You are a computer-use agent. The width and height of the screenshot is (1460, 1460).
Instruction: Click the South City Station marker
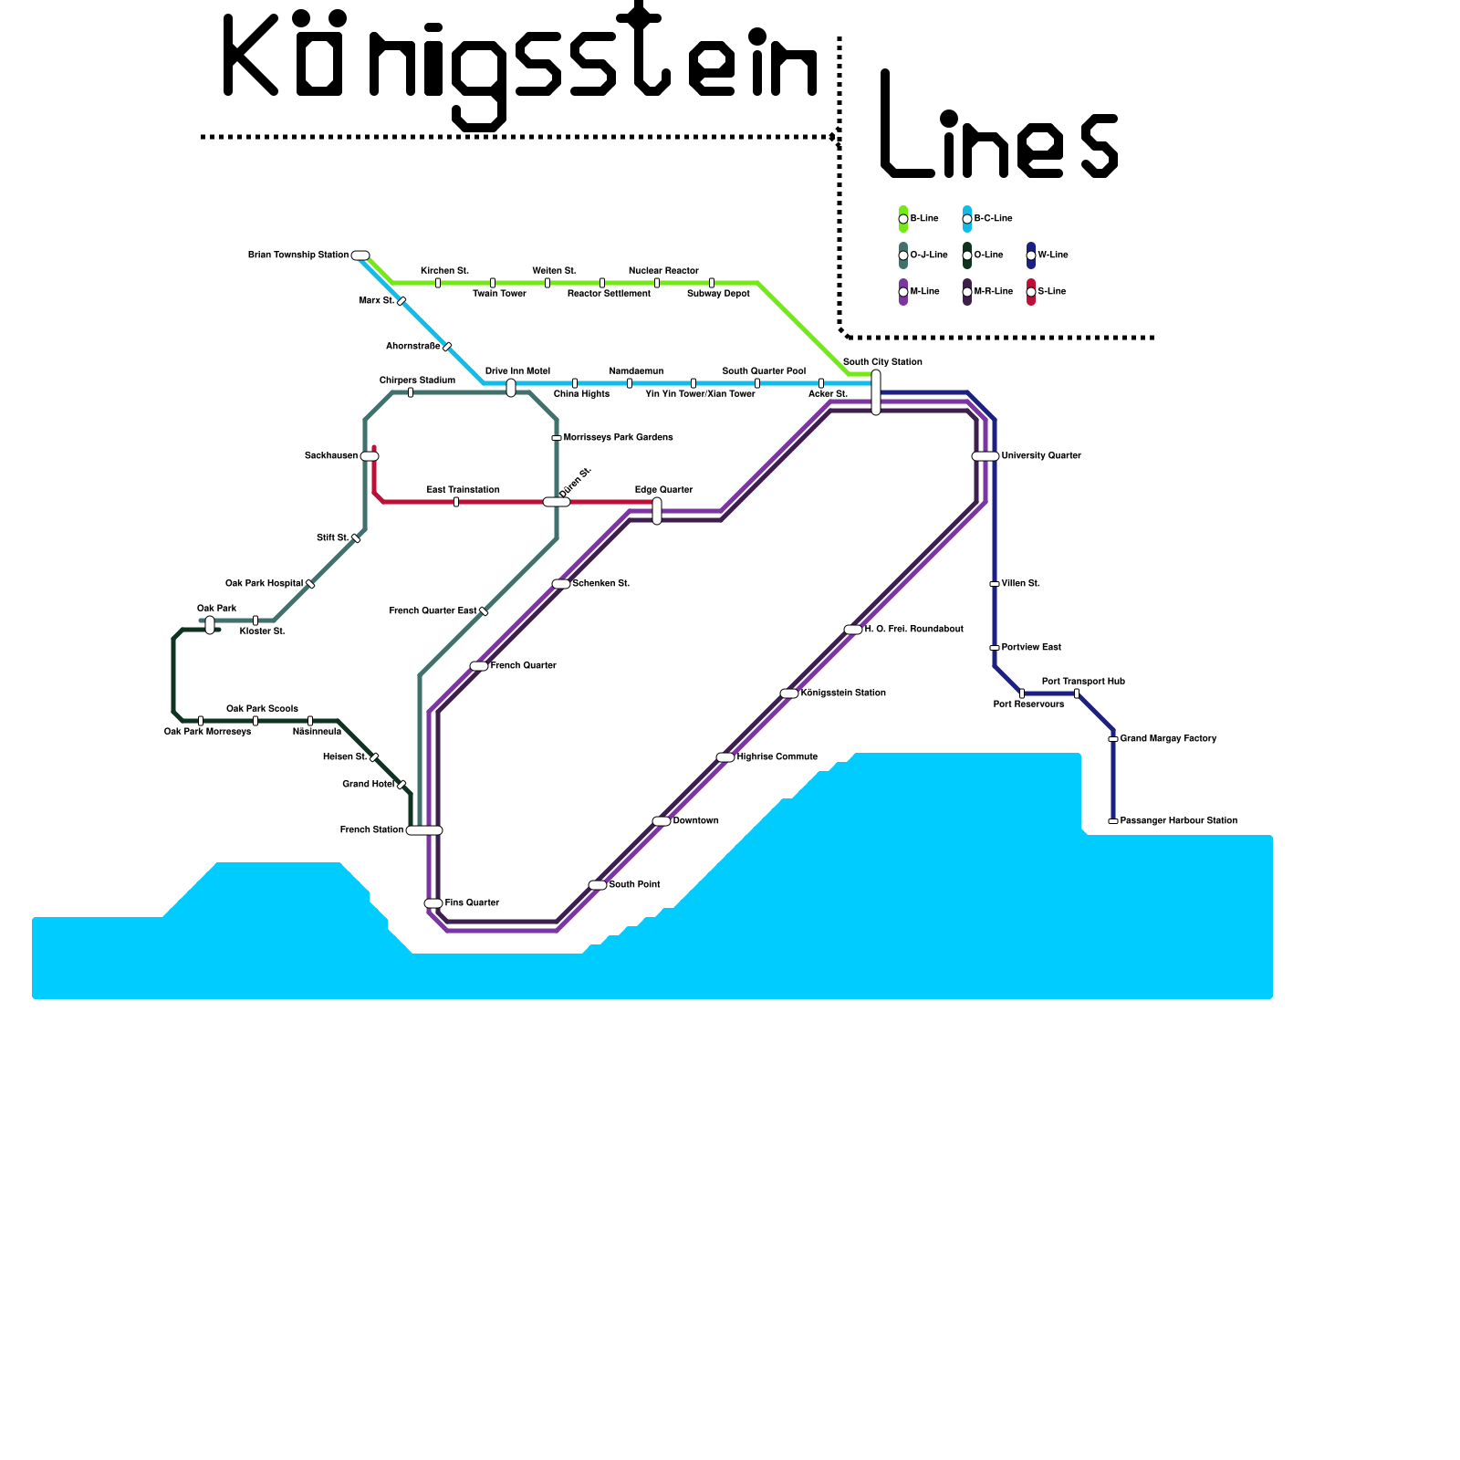pyautogui.click(x=876, y=392)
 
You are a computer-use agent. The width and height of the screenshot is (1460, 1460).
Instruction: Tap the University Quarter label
pyautogui.click(x=1040, y=455)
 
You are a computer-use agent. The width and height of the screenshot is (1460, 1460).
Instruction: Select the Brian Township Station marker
pyautogui.click(x=360, y=255)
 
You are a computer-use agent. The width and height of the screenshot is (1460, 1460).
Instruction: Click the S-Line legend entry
pyautogui.click(x=1046, y=292)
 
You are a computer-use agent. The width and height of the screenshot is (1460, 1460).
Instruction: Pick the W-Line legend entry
pyautogui.click(x=1047, y=255)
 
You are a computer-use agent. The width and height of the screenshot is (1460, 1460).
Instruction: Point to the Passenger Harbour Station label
pyautogui.click(x=1178, y=821)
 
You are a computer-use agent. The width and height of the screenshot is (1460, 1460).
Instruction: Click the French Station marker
pyautogui.click(x=424, y=830)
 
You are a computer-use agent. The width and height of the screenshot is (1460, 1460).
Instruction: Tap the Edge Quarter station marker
pyautogui.click(x=657, y=511)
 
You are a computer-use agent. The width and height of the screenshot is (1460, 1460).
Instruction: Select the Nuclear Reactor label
pyautogui.click(x=663, y=271)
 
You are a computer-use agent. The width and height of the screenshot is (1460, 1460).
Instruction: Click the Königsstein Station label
pyautogui.click(x=842, y=693)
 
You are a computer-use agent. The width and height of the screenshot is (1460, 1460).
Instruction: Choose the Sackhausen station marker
pyautogui.click(x=370, y=456)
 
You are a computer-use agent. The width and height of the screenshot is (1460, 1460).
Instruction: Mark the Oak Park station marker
pyautogui.click(x=210, y=625)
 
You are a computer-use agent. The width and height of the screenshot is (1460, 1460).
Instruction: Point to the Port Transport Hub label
pyautogui.click(x=1083, y=682)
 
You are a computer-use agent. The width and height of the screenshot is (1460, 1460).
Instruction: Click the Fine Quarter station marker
pyautogui.click(x=433, y=903)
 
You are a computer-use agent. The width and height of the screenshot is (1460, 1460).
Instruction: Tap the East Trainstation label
pyautogui.click(x=463, y=490)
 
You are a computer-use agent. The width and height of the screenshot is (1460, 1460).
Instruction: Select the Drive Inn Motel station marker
pyautogui.click(x=511, y=388)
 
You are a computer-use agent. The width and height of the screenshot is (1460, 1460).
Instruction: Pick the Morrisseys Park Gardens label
pyautogui.click(x=618, y=438)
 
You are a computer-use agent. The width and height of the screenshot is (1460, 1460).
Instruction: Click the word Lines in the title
pyautogui.click(x=999, y=128)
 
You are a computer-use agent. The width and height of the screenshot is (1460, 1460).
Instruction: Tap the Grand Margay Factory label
pyautogui.click(x=1168, y=739)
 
